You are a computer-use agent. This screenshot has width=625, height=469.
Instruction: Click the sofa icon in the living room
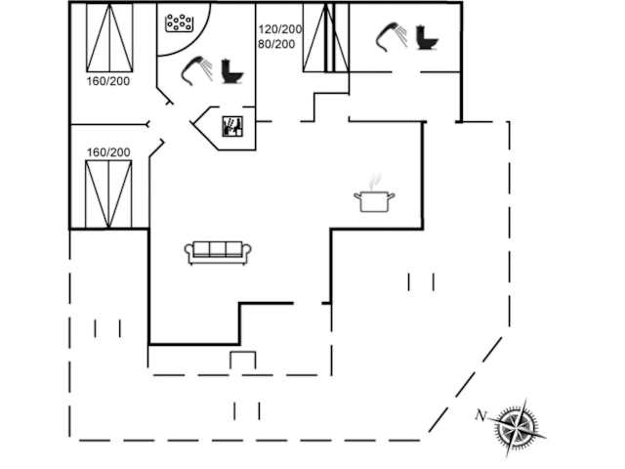click(218, 253)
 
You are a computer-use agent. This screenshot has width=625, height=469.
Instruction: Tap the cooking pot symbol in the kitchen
click(374, 201)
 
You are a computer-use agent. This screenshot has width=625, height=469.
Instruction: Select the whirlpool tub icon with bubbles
click(180, 23)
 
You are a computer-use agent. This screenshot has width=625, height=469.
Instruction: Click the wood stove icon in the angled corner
click(232, 126)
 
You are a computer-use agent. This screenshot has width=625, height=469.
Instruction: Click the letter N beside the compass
click(481, 415)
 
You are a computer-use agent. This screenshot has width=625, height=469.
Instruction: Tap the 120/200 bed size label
click(280, 29)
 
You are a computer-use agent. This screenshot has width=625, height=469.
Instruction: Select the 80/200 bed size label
click(276, 44)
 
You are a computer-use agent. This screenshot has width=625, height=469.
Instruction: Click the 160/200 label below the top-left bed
click(108, 81)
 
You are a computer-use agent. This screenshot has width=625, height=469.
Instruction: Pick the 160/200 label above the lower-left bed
click(108, 152)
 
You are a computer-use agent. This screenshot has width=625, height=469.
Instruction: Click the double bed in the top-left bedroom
click(109, 38)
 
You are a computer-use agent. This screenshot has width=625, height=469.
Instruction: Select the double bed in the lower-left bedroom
click(108, 194)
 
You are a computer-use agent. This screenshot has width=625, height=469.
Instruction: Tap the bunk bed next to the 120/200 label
click(326, 38)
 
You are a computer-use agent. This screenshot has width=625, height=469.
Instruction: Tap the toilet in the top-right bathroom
click(427, 38)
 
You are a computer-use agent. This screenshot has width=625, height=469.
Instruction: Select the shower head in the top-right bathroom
click(392, 37)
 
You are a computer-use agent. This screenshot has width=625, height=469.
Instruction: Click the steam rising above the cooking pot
click(375, 181)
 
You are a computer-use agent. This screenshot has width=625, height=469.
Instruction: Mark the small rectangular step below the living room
click(243, 361)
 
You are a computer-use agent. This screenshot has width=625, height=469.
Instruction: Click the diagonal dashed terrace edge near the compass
click(465, 384)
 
